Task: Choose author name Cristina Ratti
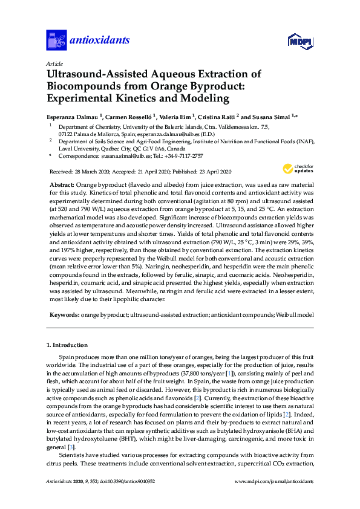221,115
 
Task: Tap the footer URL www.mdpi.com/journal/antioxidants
273,482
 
